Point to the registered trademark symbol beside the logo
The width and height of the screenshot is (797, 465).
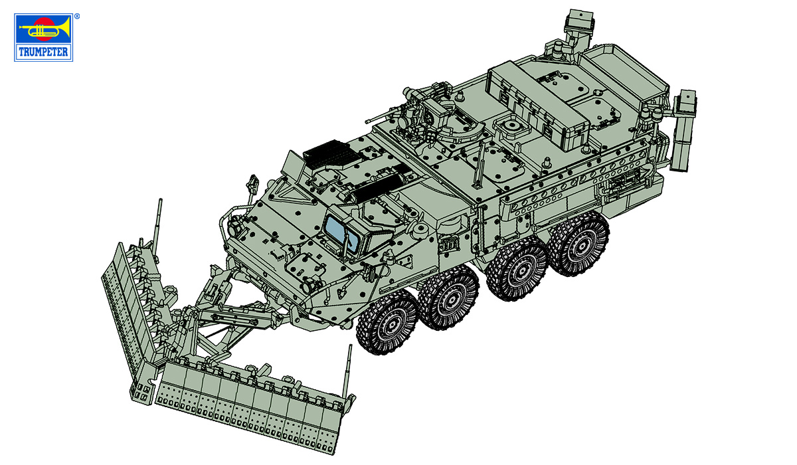click(x=76, y=15)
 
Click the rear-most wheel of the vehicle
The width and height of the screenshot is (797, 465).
click(x=577, y=242)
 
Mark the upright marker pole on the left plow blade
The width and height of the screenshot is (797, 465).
click(x=159, y=223)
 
